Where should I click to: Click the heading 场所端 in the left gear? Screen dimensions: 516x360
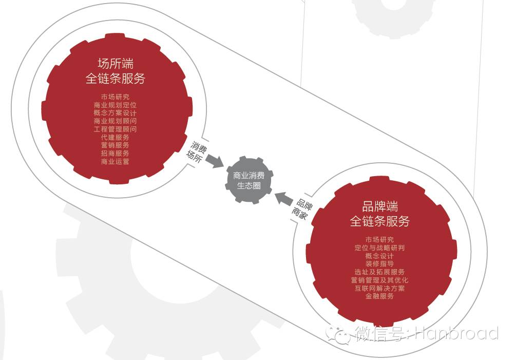pos(116,64)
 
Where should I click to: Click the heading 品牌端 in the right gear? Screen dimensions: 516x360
pos(380,206)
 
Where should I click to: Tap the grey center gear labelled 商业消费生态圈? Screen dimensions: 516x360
pos(249,181)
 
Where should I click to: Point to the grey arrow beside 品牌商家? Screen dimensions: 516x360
pos(284,198)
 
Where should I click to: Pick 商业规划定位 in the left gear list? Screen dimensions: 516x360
pos(116,105)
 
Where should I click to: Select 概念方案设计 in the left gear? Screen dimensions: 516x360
pos(116,113)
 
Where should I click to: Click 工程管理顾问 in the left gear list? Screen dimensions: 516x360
pos(116,129)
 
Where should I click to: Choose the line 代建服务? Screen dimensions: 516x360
pos(116,137)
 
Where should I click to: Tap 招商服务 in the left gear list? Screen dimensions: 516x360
pos(116,153)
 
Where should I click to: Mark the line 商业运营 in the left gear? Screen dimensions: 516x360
pos(116,161)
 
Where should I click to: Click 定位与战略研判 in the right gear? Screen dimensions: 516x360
pos(380,248)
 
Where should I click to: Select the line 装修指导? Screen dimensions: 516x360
pos(380,264)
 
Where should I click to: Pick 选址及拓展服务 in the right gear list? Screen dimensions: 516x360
pos(380,272)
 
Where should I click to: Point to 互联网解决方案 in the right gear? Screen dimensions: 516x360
pos(380,288)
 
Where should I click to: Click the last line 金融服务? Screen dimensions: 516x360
pos(380,296)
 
